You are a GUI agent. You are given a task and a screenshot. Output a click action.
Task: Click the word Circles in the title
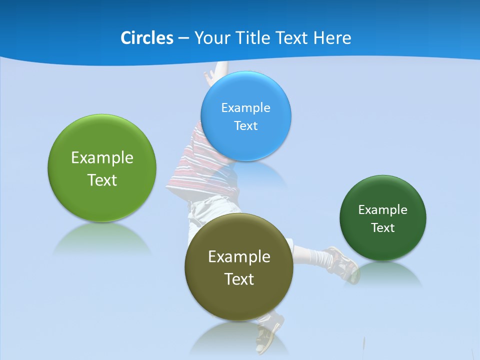point(146,37)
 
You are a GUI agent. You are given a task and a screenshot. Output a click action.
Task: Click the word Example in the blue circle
point(245,107)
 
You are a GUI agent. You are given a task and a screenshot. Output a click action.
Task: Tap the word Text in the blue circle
point(245,125)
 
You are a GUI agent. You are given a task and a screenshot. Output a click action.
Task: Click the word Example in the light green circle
point(102,157)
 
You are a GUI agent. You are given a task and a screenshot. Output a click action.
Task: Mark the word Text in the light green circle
point(102,180)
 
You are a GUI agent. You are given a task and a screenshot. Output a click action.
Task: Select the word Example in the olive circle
point(239,256)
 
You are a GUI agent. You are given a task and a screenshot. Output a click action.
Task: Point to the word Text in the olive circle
point(239,279)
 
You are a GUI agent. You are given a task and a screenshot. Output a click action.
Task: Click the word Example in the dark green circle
point(383,209)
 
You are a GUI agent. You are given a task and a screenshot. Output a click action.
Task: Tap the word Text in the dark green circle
point(383,227)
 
